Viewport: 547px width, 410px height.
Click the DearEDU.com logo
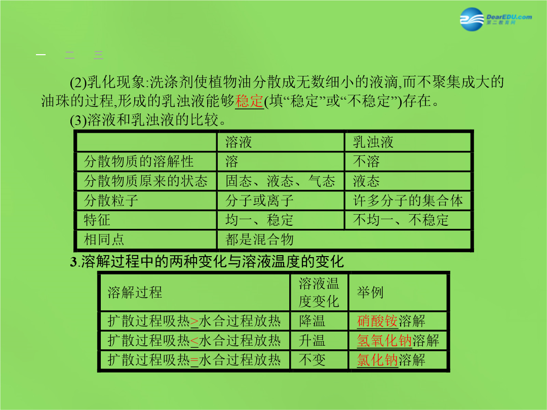(496, 19)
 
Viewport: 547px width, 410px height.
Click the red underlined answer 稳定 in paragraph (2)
(249, 101)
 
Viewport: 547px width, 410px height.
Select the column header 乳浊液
(373, 142)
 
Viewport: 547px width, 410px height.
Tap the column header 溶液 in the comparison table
(238, 142)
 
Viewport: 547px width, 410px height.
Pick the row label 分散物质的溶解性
(138, 161)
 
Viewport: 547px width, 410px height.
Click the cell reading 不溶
(366, 161)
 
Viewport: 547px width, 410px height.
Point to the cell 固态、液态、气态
(280, 181)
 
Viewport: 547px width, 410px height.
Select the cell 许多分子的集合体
(408, 200)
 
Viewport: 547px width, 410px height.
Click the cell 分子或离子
(259, 200)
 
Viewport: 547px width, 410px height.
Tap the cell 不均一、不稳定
(401, 220)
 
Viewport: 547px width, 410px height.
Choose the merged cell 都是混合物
(259, 239)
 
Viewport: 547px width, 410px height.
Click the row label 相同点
(104, 239)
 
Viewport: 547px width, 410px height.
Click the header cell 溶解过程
(135, 292)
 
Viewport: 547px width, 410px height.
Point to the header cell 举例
(370, 292)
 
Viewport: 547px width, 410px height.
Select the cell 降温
(312, 321)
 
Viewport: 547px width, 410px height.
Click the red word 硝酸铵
(377, 321)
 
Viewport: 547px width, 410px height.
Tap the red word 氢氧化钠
(384, 341)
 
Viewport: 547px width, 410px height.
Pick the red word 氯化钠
(377, 360)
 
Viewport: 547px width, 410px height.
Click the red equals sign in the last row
(194, 360)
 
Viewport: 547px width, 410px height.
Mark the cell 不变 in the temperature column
(312, 360)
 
